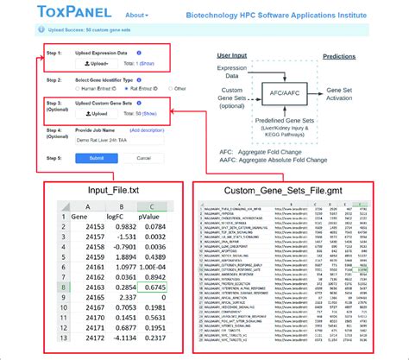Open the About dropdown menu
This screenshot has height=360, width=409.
tap(136, 16)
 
